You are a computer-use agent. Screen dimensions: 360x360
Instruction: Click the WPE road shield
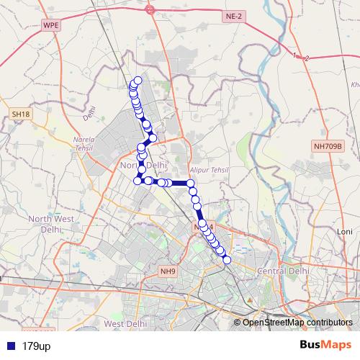pos(50,24)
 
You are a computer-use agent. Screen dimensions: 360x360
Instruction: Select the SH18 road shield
pos(19,114)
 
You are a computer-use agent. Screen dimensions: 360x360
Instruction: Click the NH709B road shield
pos(329,145)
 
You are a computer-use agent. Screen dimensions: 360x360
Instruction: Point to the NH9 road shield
pos(167,271)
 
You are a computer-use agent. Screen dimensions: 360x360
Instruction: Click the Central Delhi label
pos(284,271)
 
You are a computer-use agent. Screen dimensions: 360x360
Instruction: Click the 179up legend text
pos(36,346)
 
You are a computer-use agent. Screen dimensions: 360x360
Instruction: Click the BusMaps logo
pos(326,346)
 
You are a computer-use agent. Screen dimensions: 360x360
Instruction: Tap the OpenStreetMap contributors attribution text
pos(297,323)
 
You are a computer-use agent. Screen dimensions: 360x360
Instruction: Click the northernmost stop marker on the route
pos(138,81)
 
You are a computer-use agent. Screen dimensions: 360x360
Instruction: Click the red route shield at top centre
pos(150,10)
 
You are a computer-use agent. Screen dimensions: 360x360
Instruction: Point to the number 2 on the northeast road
pos(307,58)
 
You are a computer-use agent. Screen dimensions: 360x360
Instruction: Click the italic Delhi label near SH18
pos(89,113)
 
